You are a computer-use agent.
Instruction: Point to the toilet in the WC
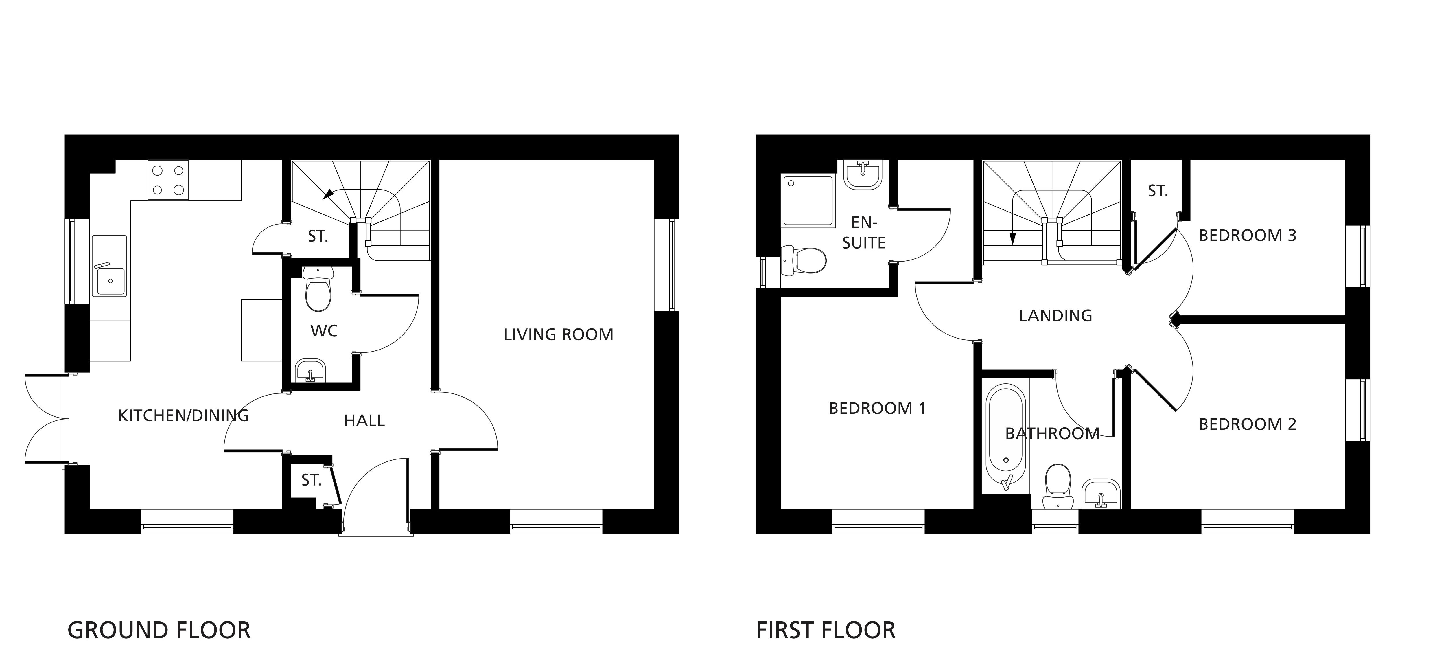tap(318, 289)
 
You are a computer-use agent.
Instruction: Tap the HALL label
tap(364, 421)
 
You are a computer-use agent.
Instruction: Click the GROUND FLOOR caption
tap(159, 630)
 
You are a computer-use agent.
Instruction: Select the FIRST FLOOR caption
tap(826, 630)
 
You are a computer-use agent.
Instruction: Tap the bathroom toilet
tap(1057, 486)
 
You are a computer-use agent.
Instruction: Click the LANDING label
tap(1055, 316)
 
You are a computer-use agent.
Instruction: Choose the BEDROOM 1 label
tap(877, 409)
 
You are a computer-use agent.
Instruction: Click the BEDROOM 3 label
tap(1247, 236)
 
